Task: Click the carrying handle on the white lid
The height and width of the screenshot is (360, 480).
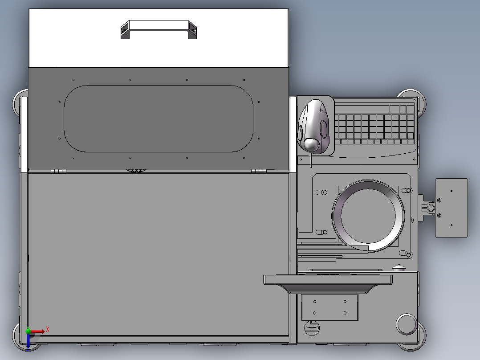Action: pyautogui.click(x=159, y=29)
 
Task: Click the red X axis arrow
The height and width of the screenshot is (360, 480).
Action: pyautogui.click(x=39, y=331)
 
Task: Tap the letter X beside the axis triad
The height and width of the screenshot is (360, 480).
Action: pyautogui.click(x=48, y=329)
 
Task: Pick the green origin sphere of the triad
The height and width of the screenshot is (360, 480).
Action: pyautogui.click(x=28, y=331)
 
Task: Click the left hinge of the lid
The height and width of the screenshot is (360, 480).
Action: pyautogui.click(x=58, y=171)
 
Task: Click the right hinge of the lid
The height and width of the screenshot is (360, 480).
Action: pyautogui.click(x=258, y=171)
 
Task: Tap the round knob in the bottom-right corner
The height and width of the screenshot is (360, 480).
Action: pyautogui.click(x=405, y=324)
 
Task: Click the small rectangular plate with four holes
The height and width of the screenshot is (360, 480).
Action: pyautogui.click(x=329, y=307)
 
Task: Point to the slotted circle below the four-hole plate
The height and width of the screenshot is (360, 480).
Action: pyautogui.click(x=312, y=328)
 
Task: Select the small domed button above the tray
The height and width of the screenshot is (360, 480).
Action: pyautogui.click(x=399, y=268)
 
